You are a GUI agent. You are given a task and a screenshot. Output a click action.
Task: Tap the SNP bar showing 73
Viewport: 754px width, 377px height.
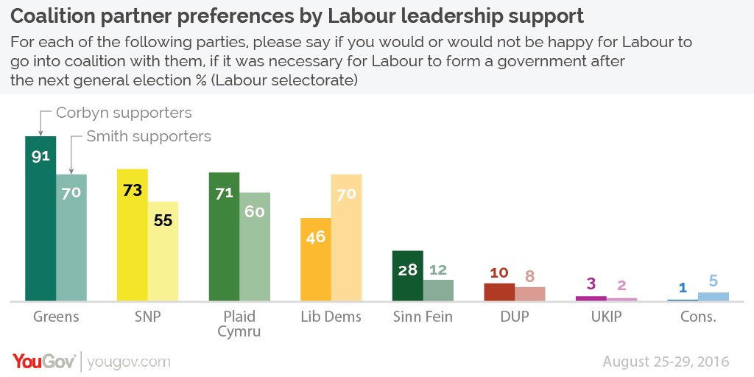click(133, 235)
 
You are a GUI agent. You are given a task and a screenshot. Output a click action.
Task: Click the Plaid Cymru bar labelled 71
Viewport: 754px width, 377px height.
click(225, 236)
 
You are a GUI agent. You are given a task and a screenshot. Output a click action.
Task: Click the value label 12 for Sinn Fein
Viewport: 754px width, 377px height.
click(438, 269)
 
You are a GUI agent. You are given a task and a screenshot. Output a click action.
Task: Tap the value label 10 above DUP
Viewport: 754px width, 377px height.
click(499, 273)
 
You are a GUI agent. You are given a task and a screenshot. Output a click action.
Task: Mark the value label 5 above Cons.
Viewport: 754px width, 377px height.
click(714, 281)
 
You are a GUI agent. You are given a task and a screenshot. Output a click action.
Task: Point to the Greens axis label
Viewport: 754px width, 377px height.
click(56, 317)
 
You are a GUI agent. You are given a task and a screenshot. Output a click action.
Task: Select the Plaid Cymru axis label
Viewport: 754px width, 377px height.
click(239, 324)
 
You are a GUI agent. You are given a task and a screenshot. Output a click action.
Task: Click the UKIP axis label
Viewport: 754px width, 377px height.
click(606, 317)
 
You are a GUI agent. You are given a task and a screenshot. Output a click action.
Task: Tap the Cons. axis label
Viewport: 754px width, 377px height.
click(698, 317)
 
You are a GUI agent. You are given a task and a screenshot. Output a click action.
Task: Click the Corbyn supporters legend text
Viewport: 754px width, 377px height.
click(124, 113)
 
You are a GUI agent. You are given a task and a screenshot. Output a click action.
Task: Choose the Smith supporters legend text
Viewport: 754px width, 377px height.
click(149, 136)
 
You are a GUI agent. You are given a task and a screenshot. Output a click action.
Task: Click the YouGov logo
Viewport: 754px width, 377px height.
click(44, 361)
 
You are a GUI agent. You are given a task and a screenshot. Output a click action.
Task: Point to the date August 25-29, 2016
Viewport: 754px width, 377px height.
click(666, 362)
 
